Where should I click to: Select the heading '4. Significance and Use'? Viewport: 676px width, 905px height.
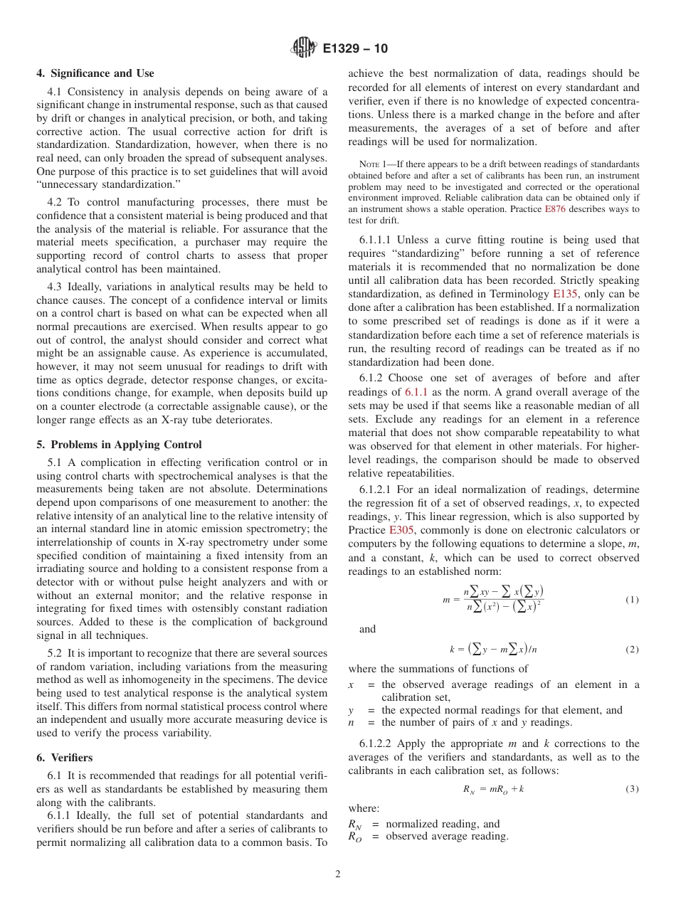coord(95,73)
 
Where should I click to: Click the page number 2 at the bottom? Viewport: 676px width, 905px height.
coord(338,874)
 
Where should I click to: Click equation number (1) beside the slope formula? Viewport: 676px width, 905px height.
coord(632,600)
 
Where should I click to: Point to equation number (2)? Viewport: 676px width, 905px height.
coord(632,650)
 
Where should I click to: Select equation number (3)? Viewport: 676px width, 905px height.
coord(632,789)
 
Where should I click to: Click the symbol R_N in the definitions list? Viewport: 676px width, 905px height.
coord(354,824)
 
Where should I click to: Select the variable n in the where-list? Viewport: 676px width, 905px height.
coord(352,722)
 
